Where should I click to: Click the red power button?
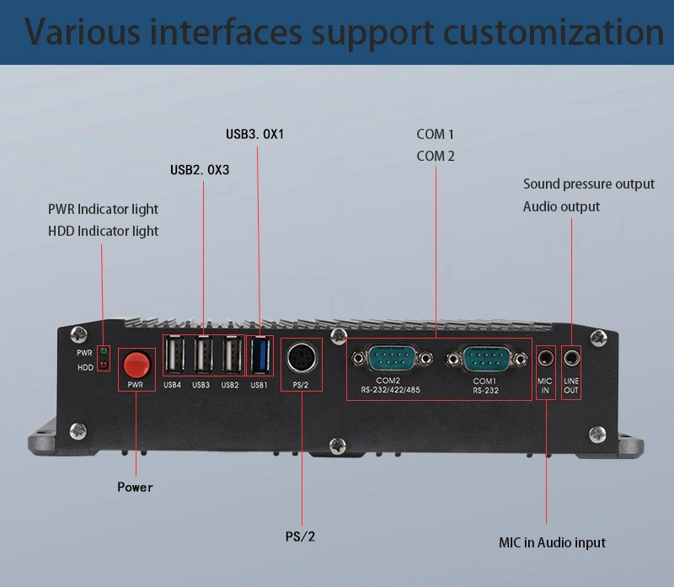pyautogui.click(x=136, y=364)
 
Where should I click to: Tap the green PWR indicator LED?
pyautogui.click(x=104, y=351)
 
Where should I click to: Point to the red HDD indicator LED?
pyautogui.click(x=104, y=366)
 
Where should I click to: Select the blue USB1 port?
pyautogui.click(x=260, y=355)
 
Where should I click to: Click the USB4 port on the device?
pyautogui.click(x=174, y=355)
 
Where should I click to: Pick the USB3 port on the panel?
pyautogui.click(x=203, y=355)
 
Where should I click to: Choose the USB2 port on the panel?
pyautogui.click(x=233, y=355)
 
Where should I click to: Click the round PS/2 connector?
pyautogui.click(x=302, y=358)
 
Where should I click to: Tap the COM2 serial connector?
pyautogui.click(x=392, y=358)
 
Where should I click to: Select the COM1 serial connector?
pyautogui.click(x=487, y=359)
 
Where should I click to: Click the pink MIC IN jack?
pyautogui.click(x=546, y=357)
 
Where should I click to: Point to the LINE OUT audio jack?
pyautogui.click(x=572, y=357)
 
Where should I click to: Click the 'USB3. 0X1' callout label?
pyautogui.click(x=255, y=134)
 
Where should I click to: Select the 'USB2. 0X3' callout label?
pyautogui.click(x=200, y=170)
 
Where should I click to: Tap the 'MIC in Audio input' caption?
pyautogui.click(x=552, y=542)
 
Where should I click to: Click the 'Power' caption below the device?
pyautogui.click(x=135, y=487)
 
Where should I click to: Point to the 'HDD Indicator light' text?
pyautogui.click(x=103, y=232)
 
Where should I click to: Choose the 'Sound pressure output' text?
pyautogui.click(x=588, y=184)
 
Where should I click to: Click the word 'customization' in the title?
pyautogui.click(x=554, y=32)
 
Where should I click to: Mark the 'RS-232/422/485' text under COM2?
pyautogui.click(x=390, y=390)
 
